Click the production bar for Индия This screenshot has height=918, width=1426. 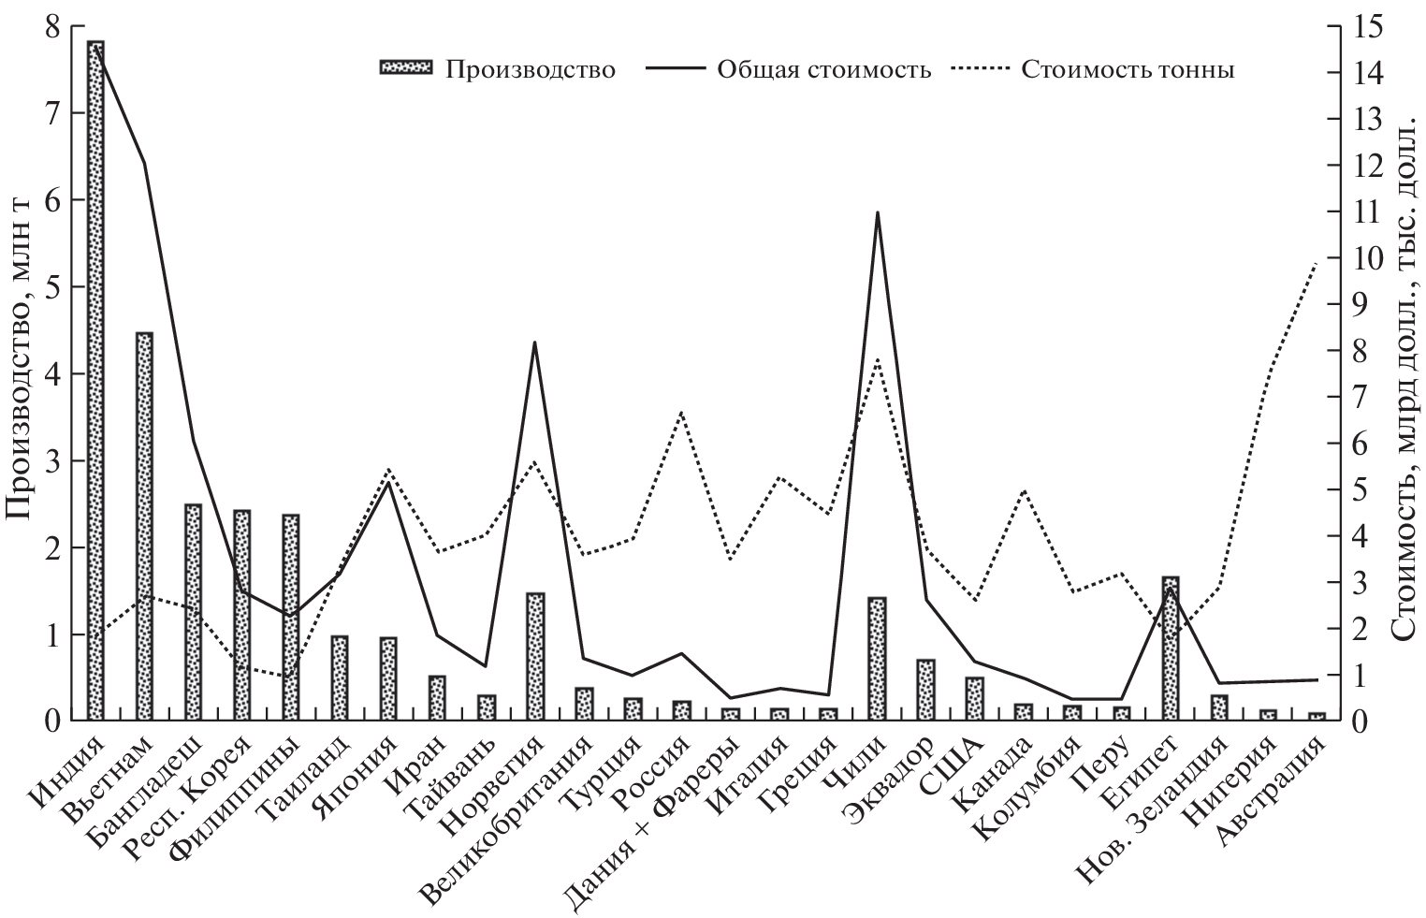95,380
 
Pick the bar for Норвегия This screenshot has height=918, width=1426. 535,656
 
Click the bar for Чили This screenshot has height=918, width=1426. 877,659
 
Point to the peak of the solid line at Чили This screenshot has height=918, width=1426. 877,212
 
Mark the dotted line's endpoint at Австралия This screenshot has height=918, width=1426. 1317,263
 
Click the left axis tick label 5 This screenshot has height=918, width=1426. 54,286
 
